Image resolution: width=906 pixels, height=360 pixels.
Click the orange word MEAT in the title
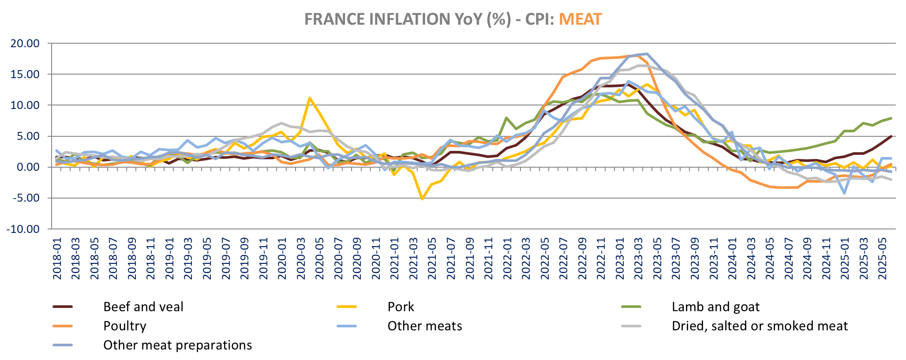point(580,19)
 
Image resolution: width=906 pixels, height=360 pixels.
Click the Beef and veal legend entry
point(143,307)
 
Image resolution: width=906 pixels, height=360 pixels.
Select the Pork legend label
point(401,307)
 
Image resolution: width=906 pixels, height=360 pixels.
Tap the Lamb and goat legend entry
point(715,307)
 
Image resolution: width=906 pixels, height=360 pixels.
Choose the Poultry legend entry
point(124,326)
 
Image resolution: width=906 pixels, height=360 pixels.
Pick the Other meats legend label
point(424,326)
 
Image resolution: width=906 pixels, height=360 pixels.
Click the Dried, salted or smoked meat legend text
point(760,326)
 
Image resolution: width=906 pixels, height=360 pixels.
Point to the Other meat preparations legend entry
point(177,345)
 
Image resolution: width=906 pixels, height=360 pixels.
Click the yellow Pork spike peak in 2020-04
point(310,98)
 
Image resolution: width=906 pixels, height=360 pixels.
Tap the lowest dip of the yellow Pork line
point(422,199)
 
